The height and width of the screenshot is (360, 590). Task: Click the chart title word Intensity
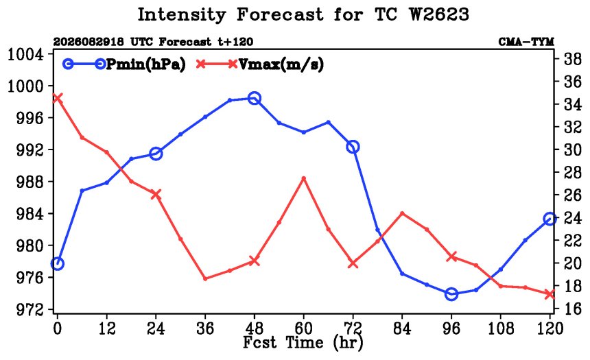[x=182, y=14]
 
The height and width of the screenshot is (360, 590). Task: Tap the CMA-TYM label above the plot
[x=526, y=42]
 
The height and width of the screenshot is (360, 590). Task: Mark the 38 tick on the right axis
[x=572, y=59]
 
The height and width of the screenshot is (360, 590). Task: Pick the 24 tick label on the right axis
[x=572, y=218]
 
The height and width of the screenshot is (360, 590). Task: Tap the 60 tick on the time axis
[x=303, y=328]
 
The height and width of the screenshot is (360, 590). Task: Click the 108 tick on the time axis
[x=500, y=328]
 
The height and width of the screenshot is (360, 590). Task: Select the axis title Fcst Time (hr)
[x=303, y=342]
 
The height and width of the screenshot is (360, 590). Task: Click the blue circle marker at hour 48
[x=255, y=99]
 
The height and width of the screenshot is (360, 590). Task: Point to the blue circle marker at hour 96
[x=451, y=293]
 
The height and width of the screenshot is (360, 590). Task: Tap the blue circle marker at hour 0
[x=57, y=264]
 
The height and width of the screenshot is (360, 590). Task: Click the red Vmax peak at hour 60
[x=304, y=178]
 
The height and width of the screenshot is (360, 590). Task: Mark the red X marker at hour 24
[x=156, y=194]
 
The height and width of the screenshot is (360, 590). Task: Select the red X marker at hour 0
[x=57, y=98]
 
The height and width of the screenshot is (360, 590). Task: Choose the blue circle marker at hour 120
[x=550, y=219]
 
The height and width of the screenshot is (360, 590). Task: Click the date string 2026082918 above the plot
[x=88, y=42]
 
